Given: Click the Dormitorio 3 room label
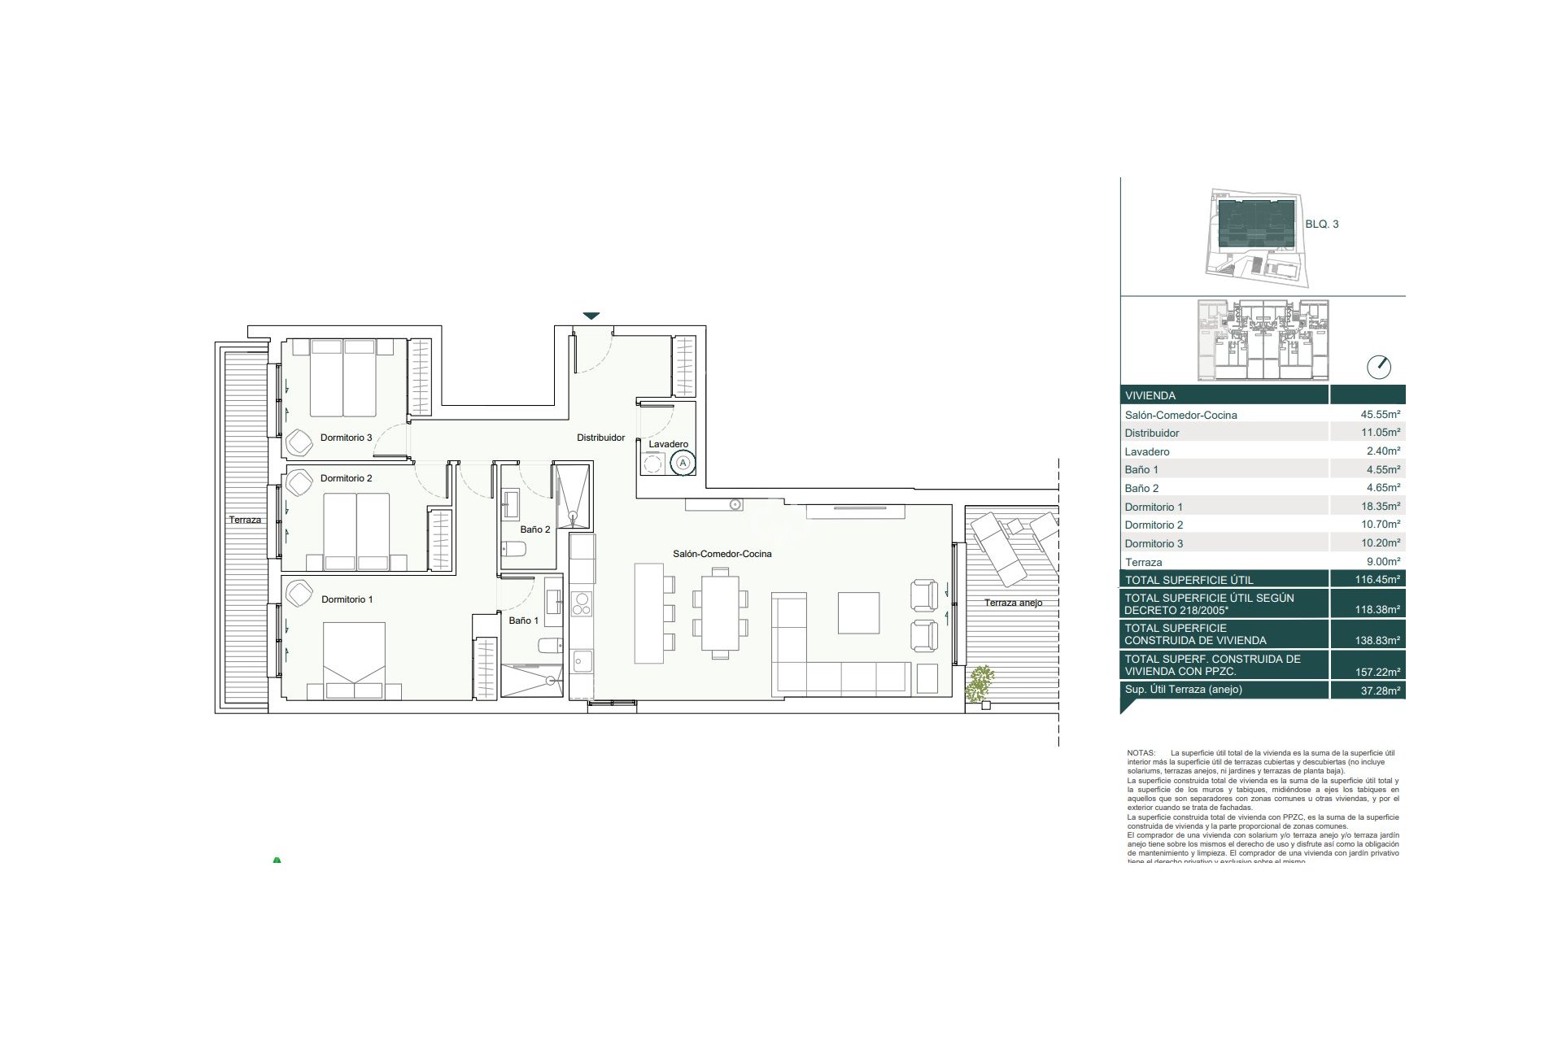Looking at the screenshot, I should coord(346,438).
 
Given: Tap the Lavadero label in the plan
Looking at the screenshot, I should coord(668,444).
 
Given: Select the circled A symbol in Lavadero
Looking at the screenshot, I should coord(683,463).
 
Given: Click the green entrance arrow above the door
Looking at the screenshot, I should coord(591,316).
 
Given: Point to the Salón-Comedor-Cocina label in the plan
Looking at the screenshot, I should coord(722,554).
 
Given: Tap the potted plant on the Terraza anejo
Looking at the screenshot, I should coord(980,684).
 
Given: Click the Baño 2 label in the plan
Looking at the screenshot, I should coord(534,529).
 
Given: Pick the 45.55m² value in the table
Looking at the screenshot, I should coord(1380,414).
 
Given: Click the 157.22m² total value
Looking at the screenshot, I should coord(1380,673).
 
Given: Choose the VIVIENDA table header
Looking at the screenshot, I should coord(1150,396).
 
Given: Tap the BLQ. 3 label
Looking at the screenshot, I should coord(1321,224).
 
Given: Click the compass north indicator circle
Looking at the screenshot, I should coord(1379,367).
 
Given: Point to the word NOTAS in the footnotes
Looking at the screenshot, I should coord(1141,753).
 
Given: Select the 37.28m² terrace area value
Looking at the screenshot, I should coord(1380,690).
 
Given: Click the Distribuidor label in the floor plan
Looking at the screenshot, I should coord(600,438).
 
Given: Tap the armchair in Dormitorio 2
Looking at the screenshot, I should coord(299,482).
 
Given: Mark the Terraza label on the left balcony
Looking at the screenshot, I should coord(245,520).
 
